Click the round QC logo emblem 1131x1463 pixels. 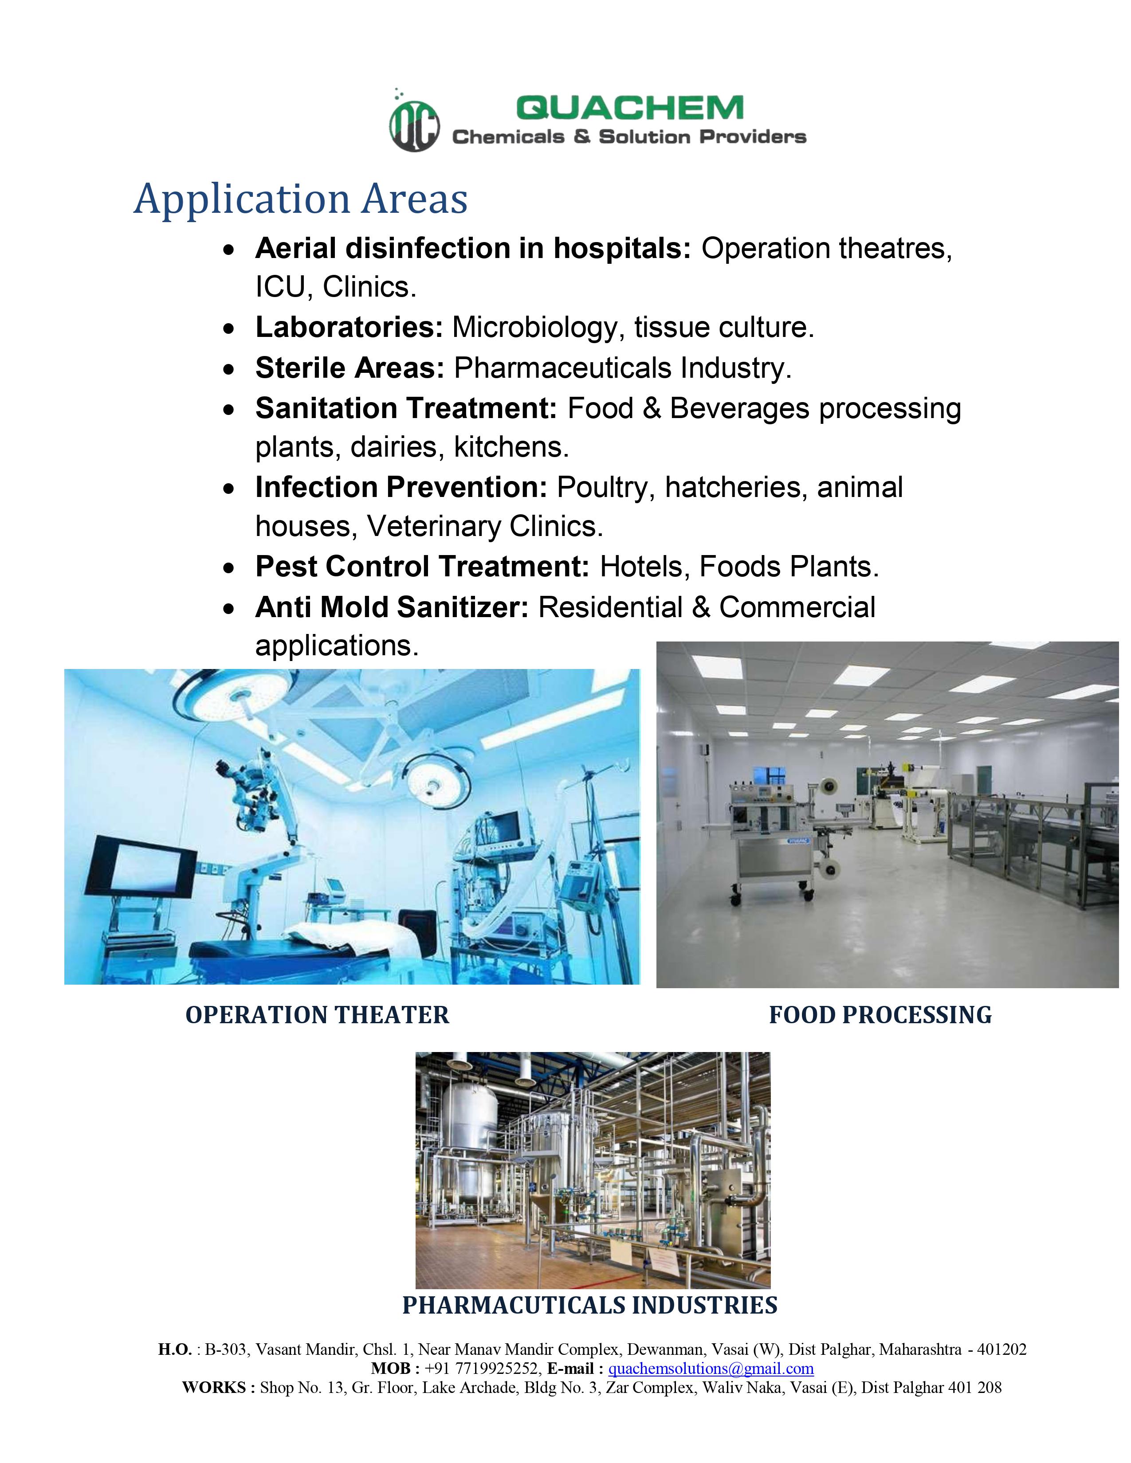tap(415, 125)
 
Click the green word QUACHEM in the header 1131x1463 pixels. tap(630, 108)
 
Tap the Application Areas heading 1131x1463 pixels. tap(301, 199)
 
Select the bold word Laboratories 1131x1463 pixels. tap(349, 328)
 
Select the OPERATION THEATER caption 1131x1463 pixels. tap(318, 1015)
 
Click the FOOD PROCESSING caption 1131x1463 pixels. tap(880, 1015)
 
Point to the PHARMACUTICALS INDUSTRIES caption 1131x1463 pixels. tap(589, 1305)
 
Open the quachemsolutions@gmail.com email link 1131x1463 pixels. tap(711, 1369)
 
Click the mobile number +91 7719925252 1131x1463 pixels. tap(483, 1369)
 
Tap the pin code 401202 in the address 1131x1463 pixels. tap(1001, 1349)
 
